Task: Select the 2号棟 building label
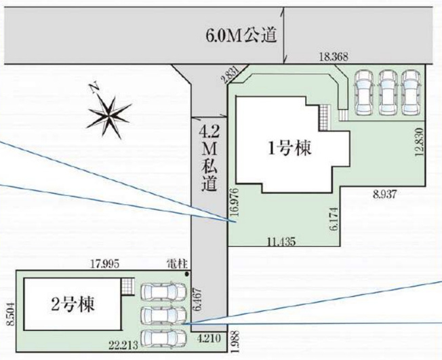(x=72, y=302)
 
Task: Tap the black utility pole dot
(x=186, y=274)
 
